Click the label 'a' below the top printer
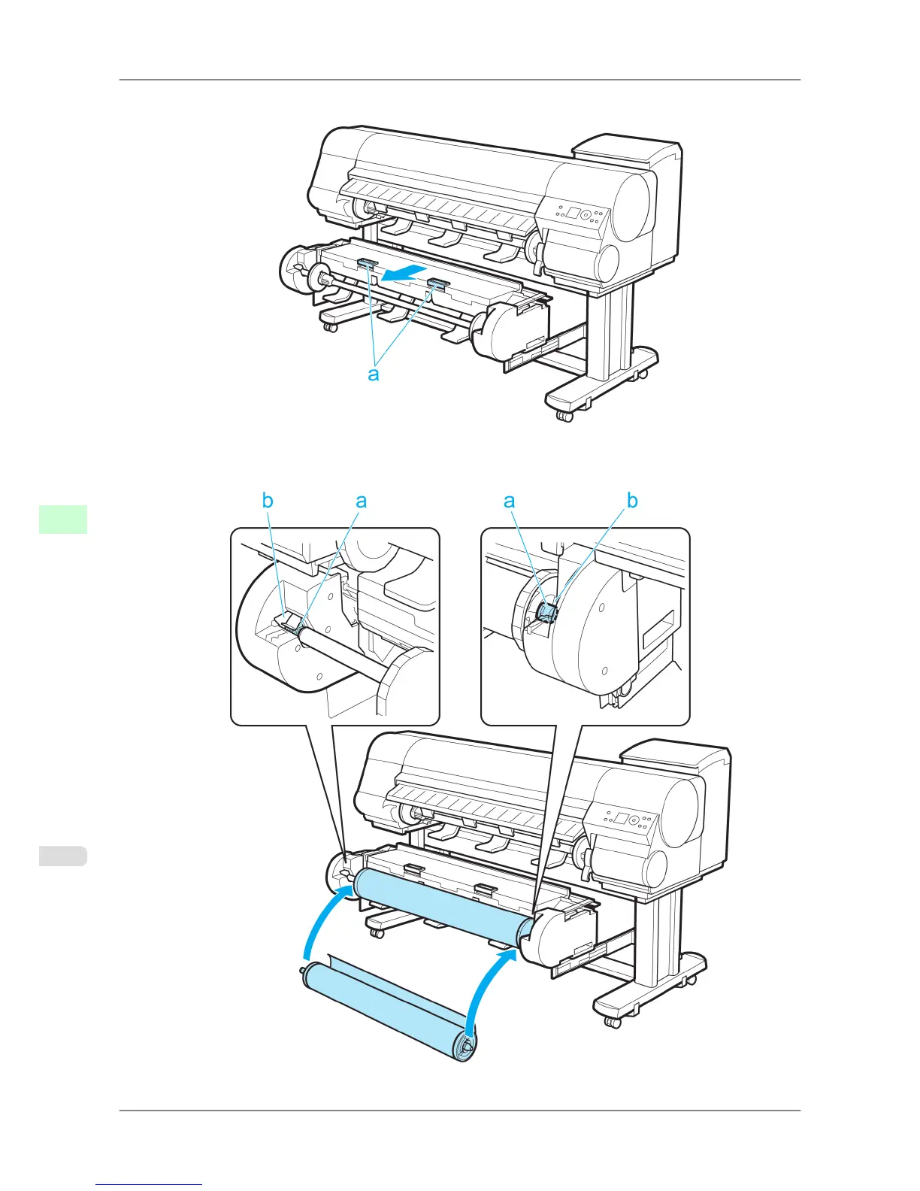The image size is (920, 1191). (x=374, y=374)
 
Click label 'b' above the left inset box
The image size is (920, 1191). (x=268, y=501)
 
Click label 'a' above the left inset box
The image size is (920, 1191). (x=361, y=501)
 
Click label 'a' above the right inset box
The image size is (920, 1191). (x=510, y=501)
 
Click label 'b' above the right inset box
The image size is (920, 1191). (x=632, y=501)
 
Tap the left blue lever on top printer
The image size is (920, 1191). (x=368, y=263)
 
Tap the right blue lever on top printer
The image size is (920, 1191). (x=437, y=283)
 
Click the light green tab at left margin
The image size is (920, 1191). (x=63, y=519)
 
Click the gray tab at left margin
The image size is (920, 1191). (x=63, y=856)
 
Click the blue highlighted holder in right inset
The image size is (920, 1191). (x=548, y=613)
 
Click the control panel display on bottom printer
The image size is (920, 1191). (x=621, y=818)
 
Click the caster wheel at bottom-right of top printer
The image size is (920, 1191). (x=565, y=416)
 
